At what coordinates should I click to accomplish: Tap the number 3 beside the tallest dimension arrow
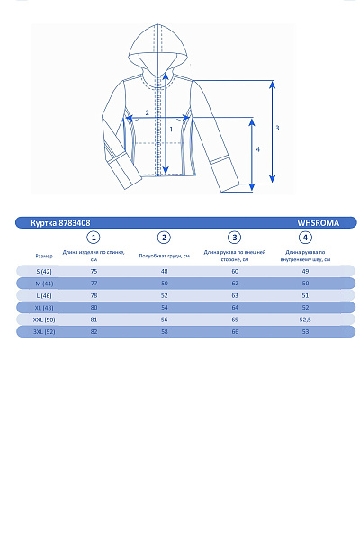pyautogui.click(x=277, y=129)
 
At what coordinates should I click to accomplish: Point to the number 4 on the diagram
pyautogui.click(x=258, y=149)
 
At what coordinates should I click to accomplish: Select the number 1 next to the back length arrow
pyautogui.click(x=171, y=129)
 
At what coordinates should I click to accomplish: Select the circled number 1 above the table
pyautogui.click(x=93, y=238)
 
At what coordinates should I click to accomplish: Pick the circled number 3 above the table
pyautogui.click(x=235, y=238)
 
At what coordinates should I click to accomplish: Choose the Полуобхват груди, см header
pyautogui.click(x=164, y=256)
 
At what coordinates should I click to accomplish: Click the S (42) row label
pyautogui.click(x=44, y=271)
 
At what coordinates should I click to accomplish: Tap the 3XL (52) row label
pyautogui.click(x=44, y=332)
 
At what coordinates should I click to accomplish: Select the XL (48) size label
pyautogui.click(x=44, y=308)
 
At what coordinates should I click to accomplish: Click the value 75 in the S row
pyautogui.click(x=94, y=271)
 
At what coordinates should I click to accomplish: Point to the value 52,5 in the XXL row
pyautogui.click(x=305, y=319)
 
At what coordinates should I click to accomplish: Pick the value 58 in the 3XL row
pyautogui.click(x=164, y=332)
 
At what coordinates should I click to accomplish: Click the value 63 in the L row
pyautogui.click(x=235, y=295)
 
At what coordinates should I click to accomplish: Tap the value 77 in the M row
pyautogui.click(x=94, y=283)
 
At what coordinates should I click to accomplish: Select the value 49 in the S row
pyautogui.click(x=305, y=271)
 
